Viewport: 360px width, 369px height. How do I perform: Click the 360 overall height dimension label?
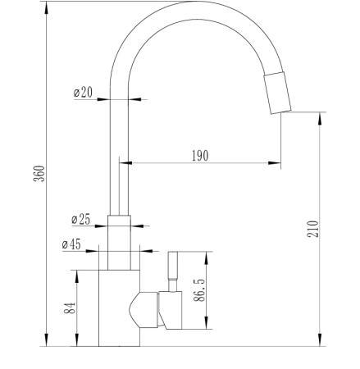[x=39, y=173]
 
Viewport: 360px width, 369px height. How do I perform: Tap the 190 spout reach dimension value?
[x=200, y=156]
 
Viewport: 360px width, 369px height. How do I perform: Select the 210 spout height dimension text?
[x=313, y=229]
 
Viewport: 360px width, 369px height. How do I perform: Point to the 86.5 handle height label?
[x=199, y=290]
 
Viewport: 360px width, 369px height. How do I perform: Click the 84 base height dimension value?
[x=70, y=308]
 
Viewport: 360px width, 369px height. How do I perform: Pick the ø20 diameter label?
[x=83, y=92]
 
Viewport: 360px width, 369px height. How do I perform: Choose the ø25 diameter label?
[x=80, y=219]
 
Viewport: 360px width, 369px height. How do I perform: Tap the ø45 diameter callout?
[x=71, y=244]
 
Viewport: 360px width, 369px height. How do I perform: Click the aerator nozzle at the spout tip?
[x=277, y=93]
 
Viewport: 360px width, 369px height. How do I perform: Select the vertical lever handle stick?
[x=173, y=271]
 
